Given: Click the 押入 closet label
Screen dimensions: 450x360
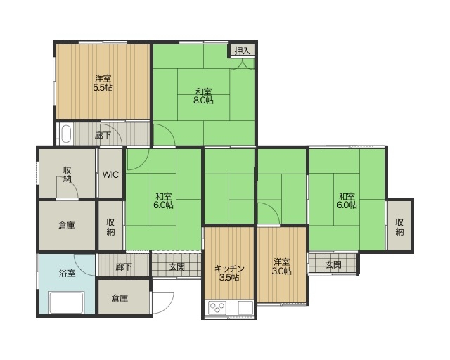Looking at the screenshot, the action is click(x=243, y=51).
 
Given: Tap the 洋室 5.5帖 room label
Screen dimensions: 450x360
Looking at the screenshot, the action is click(x=103, y=83).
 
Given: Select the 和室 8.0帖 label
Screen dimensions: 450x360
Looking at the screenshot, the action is click(x=203, y=96).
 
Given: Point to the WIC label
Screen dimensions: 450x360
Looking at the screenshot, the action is click(x=110, y=174).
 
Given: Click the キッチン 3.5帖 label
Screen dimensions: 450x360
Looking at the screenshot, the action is click(x=229, y=273).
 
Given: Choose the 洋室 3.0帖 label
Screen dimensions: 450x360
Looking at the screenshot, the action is click(x=281, y=266).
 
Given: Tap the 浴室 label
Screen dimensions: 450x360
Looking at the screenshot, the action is click(x=67, y=273).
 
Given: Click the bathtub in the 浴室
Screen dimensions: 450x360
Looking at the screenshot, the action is click(x=66, y=302).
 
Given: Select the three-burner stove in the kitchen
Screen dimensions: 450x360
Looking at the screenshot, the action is click(x=217, y=308).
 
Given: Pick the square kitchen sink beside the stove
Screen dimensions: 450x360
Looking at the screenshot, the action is click(x=245, y=308).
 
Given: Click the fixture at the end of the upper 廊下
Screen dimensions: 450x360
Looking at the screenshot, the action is click(x=66, y=134).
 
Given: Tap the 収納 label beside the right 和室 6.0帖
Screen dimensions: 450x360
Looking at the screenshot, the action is click(x=400, y=227).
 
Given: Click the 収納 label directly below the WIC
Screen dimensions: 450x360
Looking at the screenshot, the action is click(x=111, y=227).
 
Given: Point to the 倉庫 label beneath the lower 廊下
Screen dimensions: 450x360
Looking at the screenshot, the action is click(x=120, y=299).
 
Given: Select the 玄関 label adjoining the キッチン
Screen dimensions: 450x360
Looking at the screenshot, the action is click(x=176, y=267).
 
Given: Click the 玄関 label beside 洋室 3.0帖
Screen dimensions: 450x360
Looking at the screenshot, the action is click(x=333, y=264).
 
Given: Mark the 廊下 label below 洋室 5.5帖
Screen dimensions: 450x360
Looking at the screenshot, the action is click(x=103, y=135).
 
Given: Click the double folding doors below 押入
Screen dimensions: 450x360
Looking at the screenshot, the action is click(x=243, y=64).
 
